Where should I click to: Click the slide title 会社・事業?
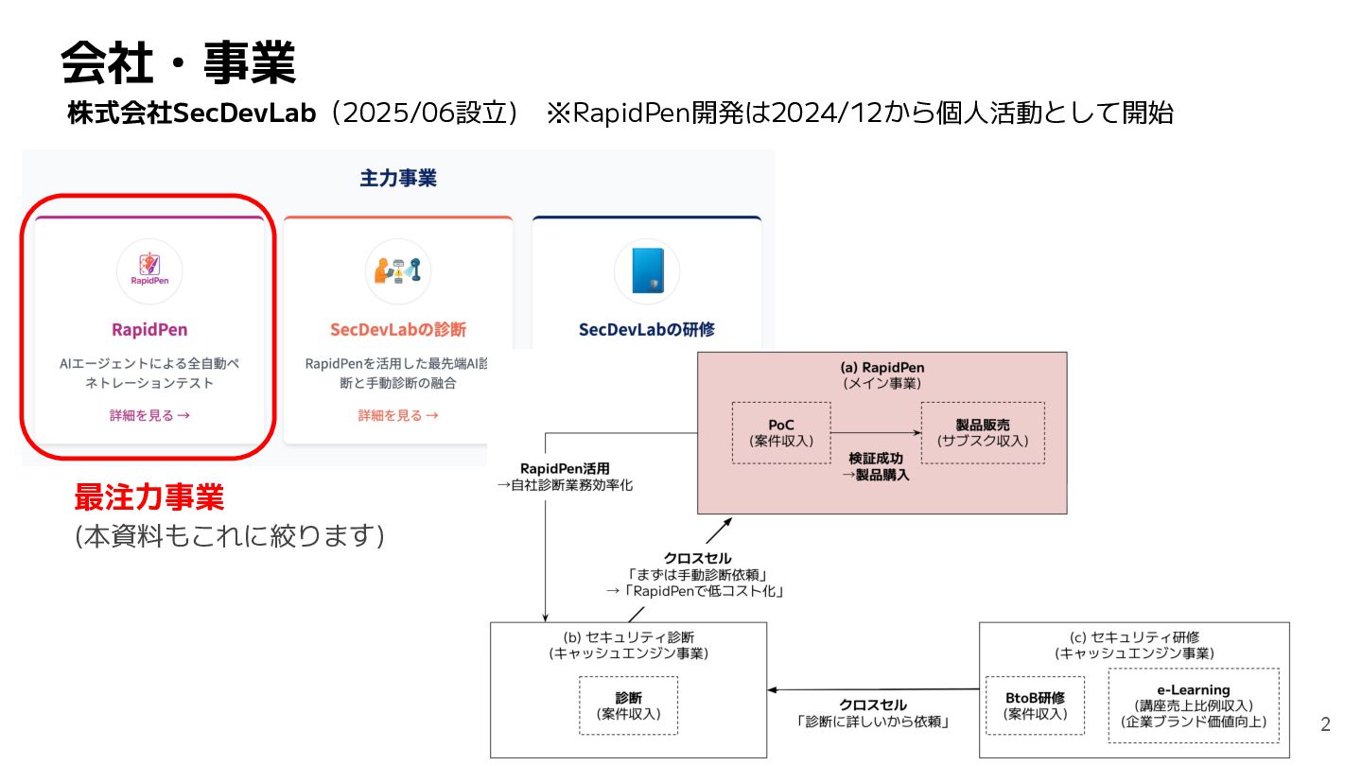pyautogui.click(x=178, y=64)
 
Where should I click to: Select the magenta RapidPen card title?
pyautogui.click(x=149, y=330)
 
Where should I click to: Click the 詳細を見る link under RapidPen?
pyautogui.click(x=149, y=415)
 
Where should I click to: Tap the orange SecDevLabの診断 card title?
pyautogui.click(x=397, y=330)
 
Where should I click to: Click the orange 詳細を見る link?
pyautogui.click(x=397, y=415)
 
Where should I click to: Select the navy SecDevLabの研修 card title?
pyautogui.click(x=646, y=330)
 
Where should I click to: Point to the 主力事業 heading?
pyautogui.click(x=397, y=179)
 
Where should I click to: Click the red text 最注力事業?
pyautogui.click(x=149, y=497)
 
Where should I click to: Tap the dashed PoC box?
pyautogui.click(x=780, y=432)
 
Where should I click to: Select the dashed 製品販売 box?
pyautogui.click(x=983, y=432)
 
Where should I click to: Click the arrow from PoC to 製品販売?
pyautogui.click(x=875, y=433)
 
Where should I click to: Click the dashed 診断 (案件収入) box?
pyautogui.click(x=628, y=705)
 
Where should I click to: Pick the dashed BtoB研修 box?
pyautogui.click(x=1035, y=705)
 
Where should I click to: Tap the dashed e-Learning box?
pyautogui.click(x=1193, y=705)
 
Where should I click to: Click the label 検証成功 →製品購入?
pyautogui.click(x=875, y=466)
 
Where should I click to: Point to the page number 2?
pyautogui.click(x=1325, y=725)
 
